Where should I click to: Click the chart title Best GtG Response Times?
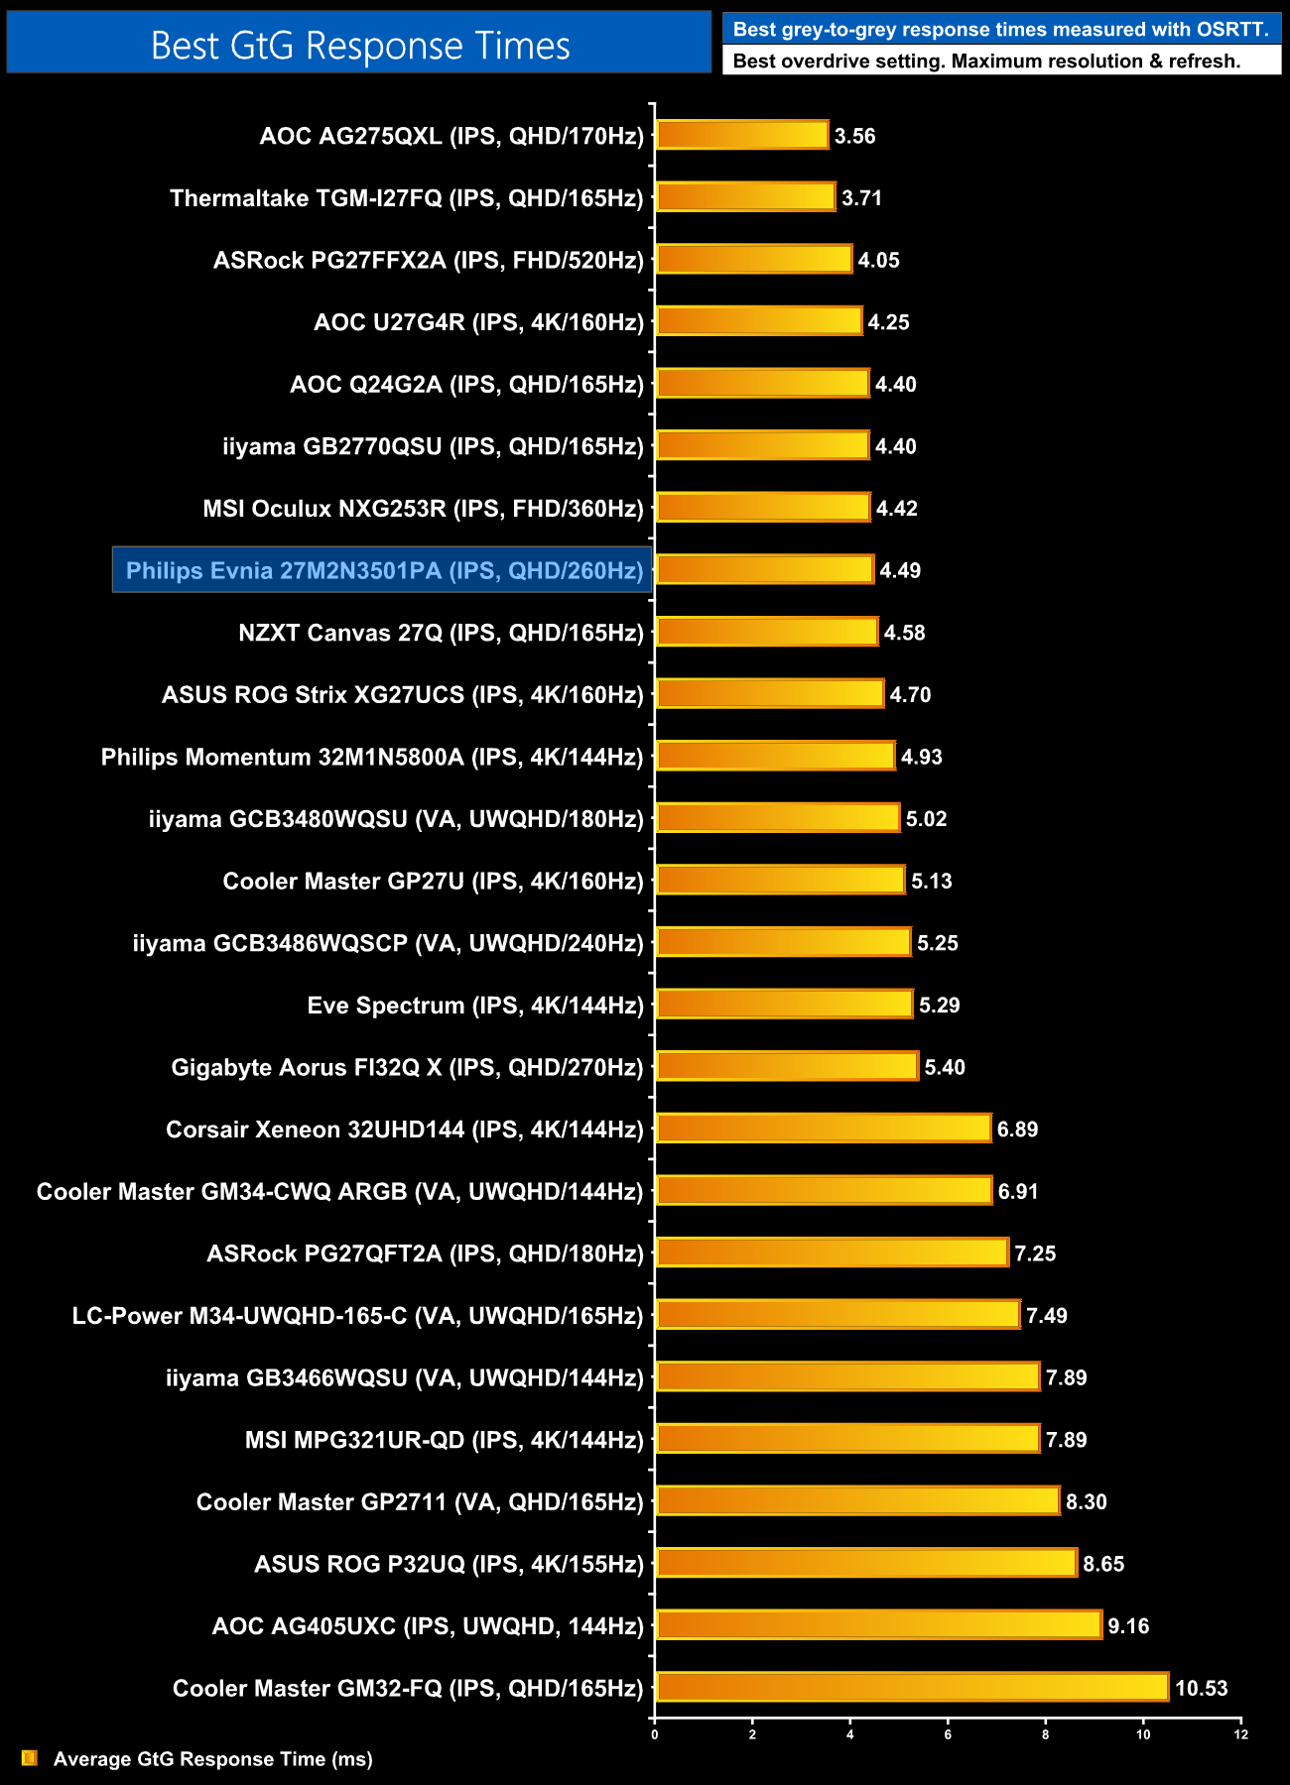point(359,46)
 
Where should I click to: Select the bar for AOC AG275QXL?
point(741,135)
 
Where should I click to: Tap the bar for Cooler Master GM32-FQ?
point(912,1687)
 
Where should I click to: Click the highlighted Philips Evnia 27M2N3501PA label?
point(383,570)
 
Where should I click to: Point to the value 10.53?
point(1201,1688)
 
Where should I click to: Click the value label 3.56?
point(854,136)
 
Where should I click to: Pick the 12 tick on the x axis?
point(1240,1734)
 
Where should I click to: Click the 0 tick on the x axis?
point(655,1734)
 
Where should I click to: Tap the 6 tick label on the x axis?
point(948,1734)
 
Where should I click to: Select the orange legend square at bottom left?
point(30,1758)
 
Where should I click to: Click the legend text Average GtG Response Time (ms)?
point(212,1759)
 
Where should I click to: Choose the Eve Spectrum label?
point(475,1006)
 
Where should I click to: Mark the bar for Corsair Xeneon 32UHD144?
point(823,1128)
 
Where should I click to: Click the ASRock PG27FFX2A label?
point(428,261)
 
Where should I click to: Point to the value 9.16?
point(1128,1626)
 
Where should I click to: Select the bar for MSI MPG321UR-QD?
point(847,1438)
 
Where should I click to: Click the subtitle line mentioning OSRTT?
point(1000,29)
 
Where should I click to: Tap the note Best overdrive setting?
point(986,61)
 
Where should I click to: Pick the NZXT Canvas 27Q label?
point(441,633)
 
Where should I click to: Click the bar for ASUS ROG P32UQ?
point(865,1563)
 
